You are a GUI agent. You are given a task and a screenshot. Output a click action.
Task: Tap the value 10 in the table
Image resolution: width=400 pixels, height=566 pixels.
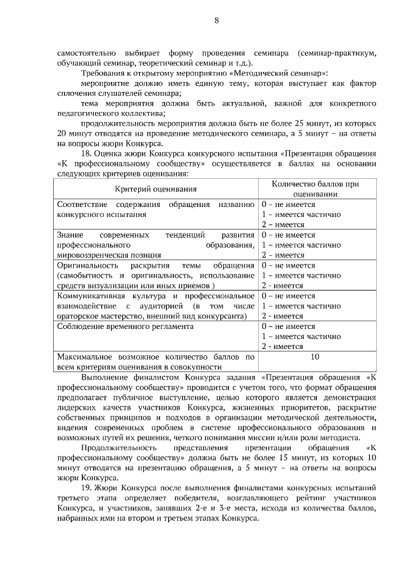click(315, 356)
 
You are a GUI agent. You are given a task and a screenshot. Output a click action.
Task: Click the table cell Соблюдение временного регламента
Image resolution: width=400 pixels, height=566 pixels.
click(125, 326)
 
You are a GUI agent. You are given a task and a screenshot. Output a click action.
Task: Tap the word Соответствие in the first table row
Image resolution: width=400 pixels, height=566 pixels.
click(83, 205)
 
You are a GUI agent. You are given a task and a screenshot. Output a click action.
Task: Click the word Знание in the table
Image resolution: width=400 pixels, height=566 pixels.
click(70, 235)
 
